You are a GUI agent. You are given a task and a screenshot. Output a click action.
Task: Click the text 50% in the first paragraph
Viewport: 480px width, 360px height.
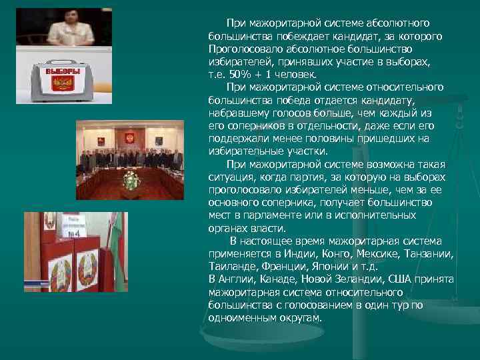(237, 74)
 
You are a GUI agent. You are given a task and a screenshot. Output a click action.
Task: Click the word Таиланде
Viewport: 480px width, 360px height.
(231, 266)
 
